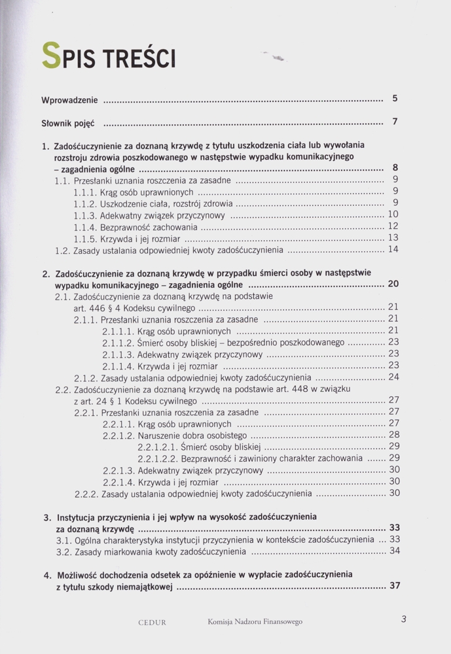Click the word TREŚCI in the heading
(x=137, y=59)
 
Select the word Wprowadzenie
(x=70, y=100)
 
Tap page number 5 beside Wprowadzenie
(x=395, y=99)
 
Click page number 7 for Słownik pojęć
(x=395, y=122)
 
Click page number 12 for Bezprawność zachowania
(x=393, y=226)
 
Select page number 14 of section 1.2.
(x=393, y=249)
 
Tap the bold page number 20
(x=393, y=284)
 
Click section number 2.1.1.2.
(x=118, y=342)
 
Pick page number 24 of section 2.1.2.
(x=393, y=377)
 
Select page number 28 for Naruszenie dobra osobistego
(x=394, y=435)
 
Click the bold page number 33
(x=395, y=528)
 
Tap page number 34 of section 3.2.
(x=394, y=551)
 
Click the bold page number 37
(x=395, y=586)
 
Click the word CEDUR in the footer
(x=153, y=622)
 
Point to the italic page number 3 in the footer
(x=404, y=619)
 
